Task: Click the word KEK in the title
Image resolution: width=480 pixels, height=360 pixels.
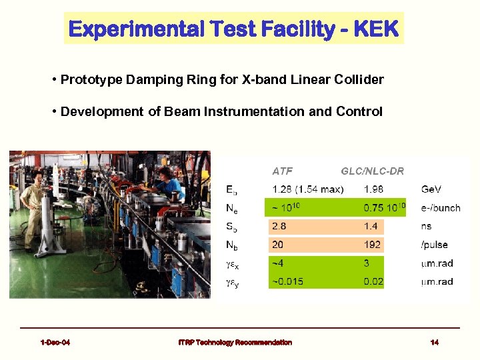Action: (376, 29)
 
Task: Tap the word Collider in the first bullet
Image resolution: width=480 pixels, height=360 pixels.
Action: (361, 80)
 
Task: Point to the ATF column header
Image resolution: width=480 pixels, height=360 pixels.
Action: (282, 171)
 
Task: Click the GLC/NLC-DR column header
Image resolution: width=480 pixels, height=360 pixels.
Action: (372, 171)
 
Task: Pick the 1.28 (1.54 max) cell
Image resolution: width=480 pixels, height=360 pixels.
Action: (307, 189)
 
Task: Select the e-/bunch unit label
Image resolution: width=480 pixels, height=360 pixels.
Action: (440, 208)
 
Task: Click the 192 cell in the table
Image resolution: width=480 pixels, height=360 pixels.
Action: (372, 245)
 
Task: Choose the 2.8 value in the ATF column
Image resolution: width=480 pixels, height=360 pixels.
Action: (279, 227)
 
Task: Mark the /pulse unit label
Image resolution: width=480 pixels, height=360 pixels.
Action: (435, 245)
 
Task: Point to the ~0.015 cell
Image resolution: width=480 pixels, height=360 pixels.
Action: (287, 281)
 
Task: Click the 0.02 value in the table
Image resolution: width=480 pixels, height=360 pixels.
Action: (373, 281)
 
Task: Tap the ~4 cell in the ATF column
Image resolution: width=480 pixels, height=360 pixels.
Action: (277, 263)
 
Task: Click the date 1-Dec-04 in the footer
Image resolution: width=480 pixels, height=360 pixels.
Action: (55, 343)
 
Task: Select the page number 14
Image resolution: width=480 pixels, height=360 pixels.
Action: (434, 343)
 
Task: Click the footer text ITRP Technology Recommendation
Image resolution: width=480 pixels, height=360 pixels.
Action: (235, 343)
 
